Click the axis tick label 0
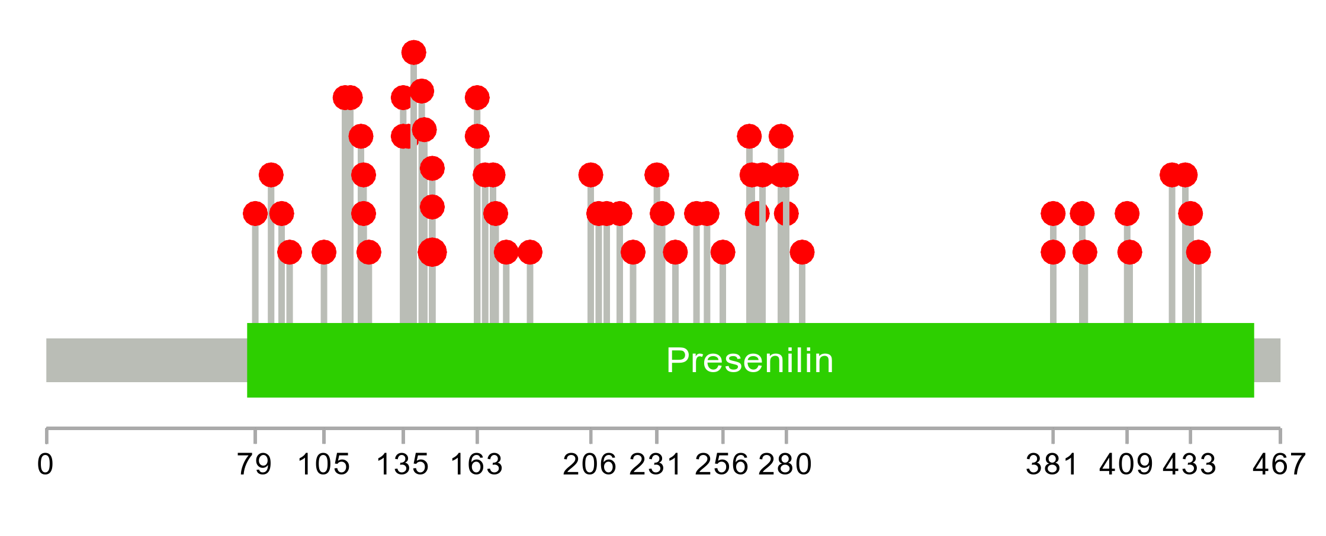(46, 464)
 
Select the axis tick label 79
(255, 464)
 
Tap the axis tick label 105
(323, 464)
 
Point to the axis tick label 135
(403, 464)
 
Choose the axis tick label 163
(477, 464)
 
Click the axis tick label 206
(590, 464)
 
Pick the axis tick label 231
(656, 464)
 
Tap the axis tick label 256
(722, 464)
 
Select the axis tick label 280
(785, 464)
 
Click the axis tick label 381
(1052, 464)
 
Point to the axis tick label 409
(1126, 464)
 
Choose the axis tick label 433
(1190, 464)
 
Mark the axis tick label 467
(1279, 464)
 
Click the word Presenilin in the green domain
(750, 360)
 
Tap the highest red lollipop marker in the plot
(413, 53)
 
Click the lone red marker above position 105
(324, 253)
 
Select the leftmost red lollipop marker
(255, 214)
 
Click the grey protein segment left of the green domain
(146, 360)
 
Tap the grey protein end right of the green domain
(1267, 360)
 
